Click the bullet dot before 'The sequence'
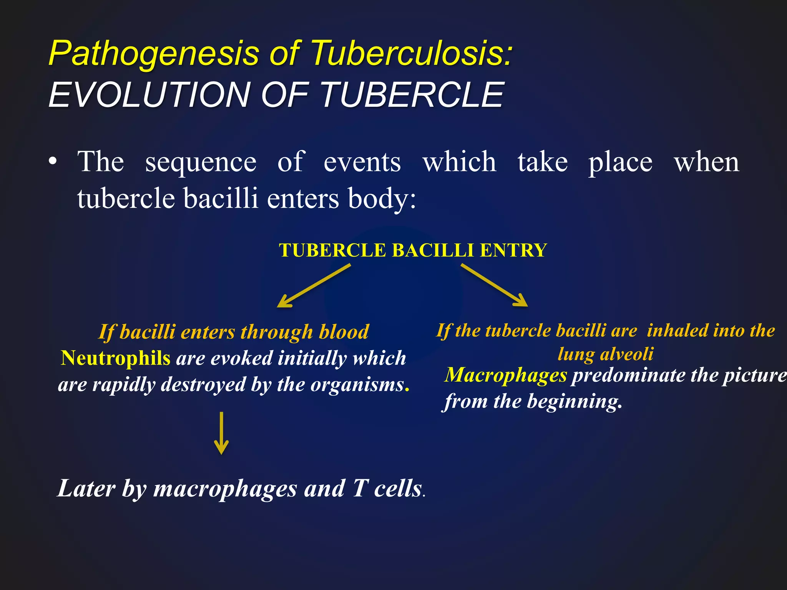[53, 162]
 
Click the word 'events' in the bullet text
[362, 162]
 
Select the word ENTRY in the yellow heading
[513, 250]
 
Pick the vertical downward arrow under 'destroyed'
[221, 433]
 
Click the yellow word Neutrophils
[116, 358]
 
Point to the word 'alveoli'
[626, 354]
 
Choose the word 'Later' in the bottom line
[86, 489]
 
